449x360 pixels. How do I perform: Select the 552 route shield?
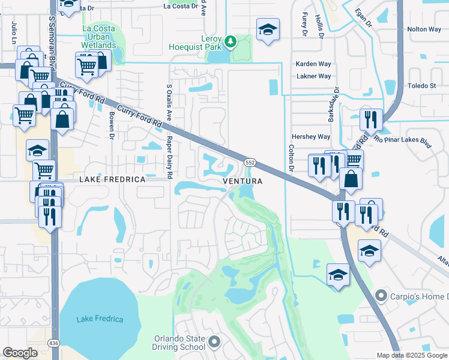250,163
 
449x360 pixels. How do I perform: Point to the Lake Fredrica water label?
100,319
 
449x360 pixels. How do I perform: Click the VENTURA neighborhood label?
243,181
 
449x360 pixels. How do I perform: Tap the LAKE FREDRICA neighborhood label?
113,179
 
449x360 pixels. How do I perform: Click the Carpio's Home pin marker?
379,296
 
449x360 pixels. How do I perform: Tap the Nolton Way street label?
424,29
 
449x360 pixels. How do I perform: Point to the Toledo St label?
422,86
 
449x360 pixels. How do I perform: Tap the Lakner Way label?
314,76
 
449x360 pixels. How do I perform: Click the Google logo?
20,353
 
